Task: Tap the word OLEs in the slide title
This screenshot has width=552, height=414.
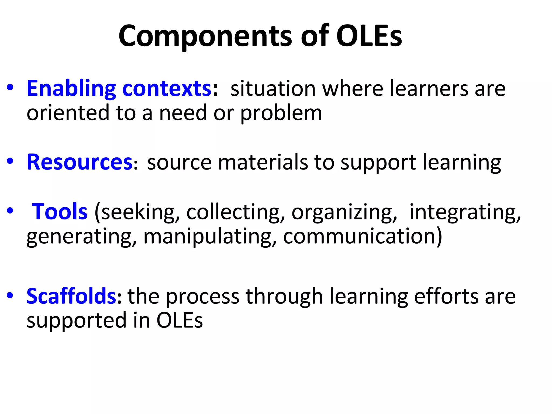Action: click(369, 36)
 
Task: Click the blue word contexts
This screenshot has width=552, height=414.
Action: click(167, 89)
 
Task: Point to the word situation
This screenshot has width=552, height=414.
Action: click(273, 89)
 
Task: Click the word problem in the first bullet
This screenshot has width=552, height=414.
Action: click(281, 113)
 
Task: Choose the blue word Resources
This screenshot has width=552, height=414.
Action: click(80, 162)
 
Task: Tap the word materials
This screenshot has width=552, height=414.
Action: click(263, 163)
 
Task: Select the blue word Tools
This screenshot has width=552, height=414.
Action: click(60, 212)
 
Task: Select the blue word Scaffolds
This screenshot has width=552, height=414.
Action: click(71, 296)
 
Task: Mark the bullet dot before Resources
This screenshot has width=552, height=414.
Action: click(10, 161)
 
